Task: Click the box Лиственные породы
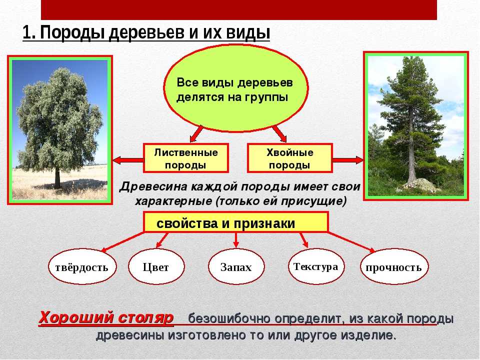pos(186,158)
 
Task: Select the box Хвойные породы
pos(289,158)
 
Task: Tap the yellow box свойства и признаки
pos(235,222)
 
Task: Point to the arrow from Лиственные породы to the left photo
pos(128,160)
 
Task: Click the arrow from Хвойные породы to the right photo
pos(348,160)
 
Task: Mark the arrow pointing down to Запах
pos(235,239)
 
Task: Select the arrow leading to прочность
pos(351,242)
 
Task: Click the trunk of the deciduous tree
pos(57,179)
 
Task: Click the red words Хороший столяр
pos(106,317)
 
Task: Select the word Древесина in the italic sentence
pos(153,186)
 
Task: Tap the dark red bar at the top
pos(239,10)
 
